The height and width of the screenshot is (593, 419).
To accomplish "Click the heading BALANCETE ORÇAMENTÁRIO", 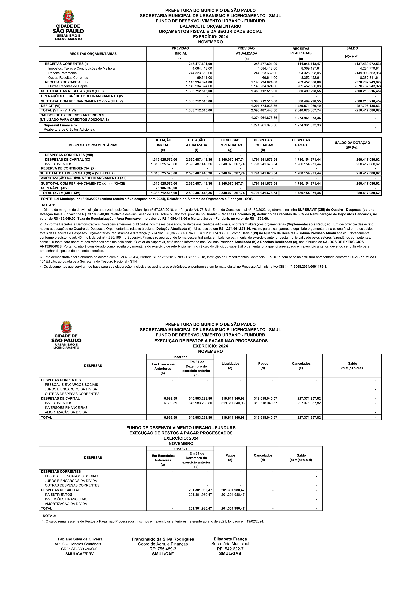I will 210,26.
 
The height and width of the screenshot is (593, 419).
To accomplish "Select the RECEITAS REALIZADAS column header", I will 301,51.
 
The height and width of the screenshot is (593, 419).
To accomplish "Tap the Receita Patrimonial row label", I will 63,73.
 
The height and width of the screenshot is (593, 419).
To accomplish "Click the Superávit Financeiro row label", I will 60,125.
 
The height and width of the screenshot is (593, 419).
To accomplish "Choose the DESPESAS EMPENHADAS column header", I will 230,143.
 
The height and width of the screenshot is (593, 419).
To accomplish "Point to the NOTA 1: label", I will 49,205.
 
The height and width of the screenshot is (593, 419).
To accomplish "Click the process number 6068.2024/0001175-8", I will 310,267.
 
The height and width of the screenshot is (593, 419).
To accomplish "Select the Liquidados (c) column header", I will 230,366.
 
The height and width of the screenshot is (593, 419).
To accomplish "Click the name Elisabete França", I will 230,539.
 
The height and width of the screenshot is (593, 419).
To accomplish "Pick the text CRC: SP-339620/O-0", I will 79,549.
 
